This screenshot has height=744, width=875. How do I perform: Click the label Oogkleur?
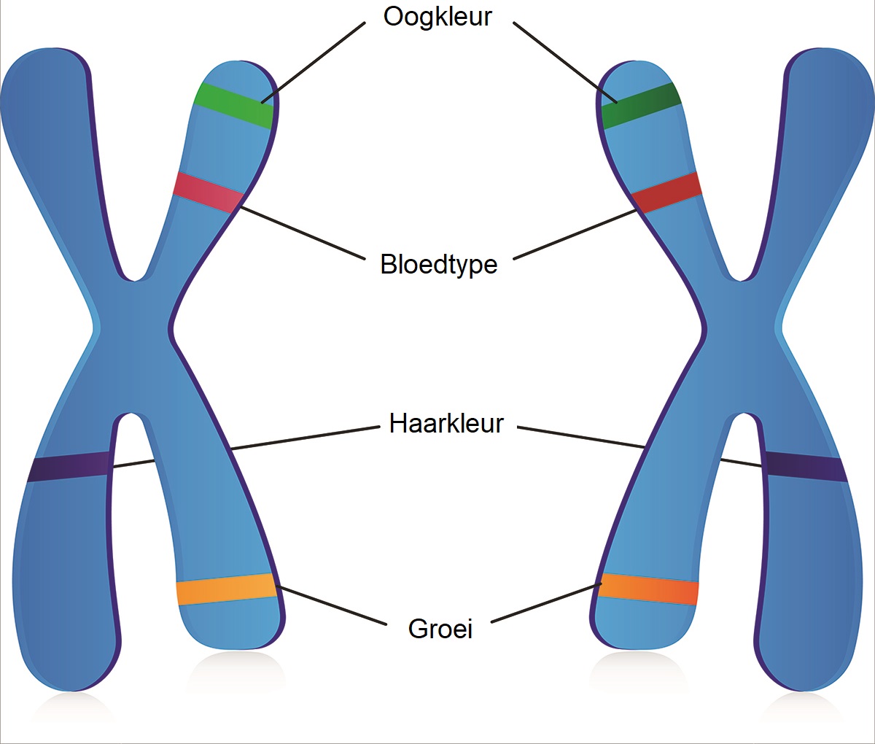(437, 17)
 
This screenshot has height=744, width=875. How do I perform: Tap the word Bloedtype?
(438, 264)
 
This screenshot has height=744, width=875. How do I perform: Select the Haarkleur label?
(446, 423)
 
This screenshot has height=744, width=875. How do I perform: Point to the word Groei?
(440, 629)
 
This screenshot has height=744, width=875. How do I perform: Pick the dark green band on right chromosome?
(641, 106)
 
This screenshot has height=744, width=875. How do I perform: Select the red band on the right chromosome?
(666, 193)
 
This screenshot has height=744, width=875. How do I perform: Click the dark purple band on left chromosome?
(69, 467)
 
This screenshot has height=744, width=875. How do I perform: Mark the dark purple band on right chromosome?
(806, 467)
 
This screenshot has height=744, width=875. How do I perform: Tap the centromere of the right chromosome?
(740, 343)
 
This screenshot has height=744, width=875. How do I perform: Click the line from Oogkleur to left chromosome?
(314, 62)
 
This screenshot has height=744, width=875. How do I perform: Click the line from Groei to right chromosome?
(545, 603)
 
